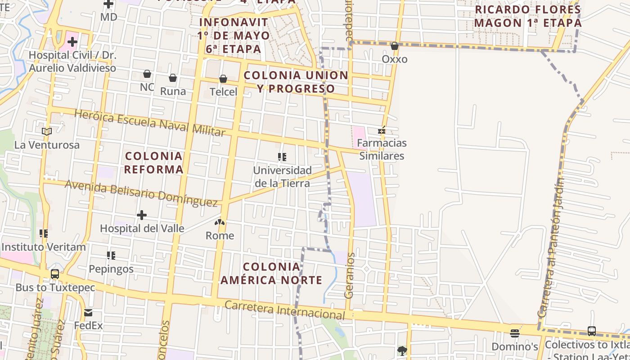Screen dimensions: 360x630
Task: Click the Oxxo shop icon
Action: pos(395,46)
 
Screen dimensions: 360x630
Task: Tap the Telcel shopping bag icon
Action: pos(223,79)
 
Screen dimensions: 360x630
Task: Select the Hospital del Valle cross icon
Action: pos(142,215)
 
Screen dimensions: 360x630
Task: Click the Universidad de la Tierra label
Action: pos(282,177)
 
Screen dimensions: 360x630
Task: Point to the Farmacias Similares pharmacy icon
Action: pos(382,131)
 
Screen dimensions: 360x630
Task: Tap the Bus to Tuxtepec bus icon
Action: pos(55,274)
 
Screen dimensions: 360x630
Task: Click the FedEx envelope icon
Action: pos(88,313)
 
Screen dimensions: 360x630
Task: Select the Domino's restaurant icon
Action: pos(515,333)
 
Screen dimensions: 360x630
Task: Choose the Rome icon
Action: pos(220,222)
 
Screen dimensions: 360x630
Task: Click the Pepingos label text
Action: pos(111,269)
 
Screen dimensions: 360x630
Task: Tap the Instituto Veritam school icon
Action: pos(44,234)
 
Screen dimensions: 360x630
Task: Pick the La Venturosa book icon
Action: pos(47,131)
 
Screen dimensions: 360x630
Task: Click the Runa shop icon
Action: pos(173,78)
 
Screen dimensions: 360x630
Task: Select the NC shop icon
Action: pos(147,74)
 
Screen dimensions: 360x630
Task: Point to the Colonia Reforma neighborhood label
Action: pos(154,162)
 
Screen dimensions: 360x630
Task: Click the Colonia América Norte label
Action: pos(271,273)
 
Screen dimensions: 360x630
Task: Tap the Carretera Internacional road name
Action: pos(284,310)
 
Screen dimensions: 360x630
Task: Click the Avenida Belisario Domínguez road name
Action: pos(141,193)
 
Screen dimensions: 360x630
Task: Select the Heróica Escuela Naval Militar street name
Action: pos(149,122)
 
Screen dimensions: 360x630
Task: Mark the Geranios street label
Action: pos(349,275)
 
